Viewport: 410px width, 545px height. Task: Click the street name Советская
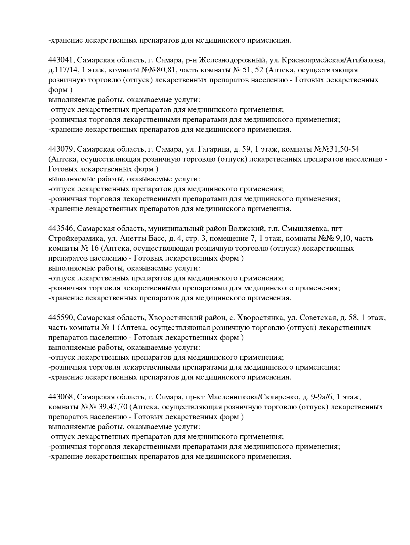click(318, 318)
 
